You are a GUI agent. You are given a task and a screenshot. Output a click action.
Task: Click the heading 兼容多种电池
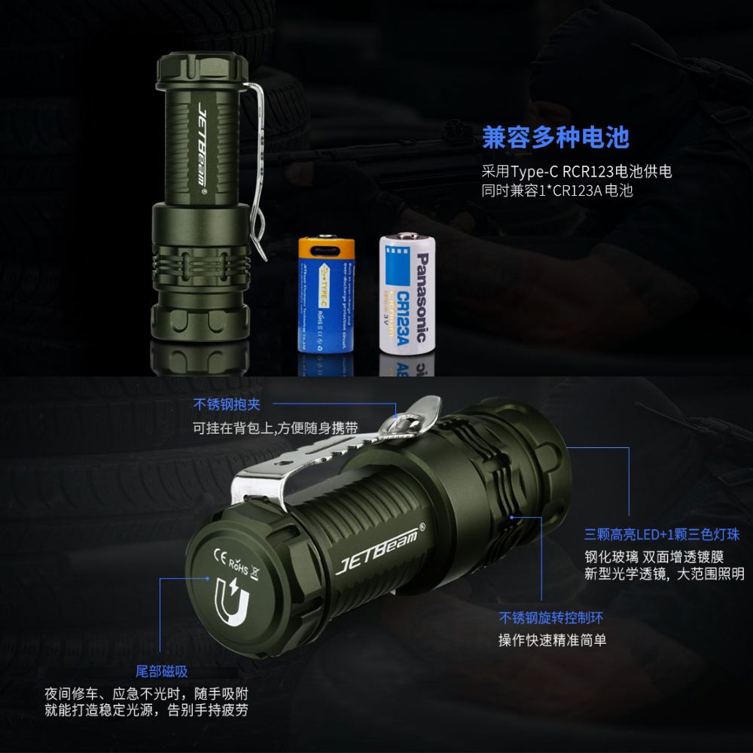pyautogui.click(x=555, y=138)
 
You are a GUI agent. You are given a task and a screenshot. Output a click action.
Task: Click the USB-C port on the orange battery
pyautogui.click(x=326, y=247)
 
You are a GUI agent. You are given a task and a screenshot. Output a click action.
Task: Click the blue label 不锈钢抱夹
pyautogui.click(x=227, y=404)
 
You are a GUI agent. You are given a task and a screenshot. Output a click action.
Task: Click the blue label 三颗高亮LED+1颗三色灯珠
pyautogui.click(x=662, y=535)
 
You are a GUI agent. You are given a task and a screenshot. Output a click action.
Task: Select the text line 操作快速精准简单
pyautogui.click(x=552, y=640)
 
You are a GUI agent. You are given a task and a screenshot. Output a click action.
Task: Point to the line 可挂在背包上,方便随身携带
pyautogui.click(x=275, y=428)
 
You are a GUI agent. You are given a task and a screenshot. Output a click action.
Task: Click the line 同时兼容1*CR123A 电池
pyautogui.click(x=557, y=191)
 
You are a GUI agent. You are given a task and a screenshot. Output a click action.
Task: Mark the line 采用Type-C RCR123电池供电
pyautogui.click(x=577, y=171)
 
